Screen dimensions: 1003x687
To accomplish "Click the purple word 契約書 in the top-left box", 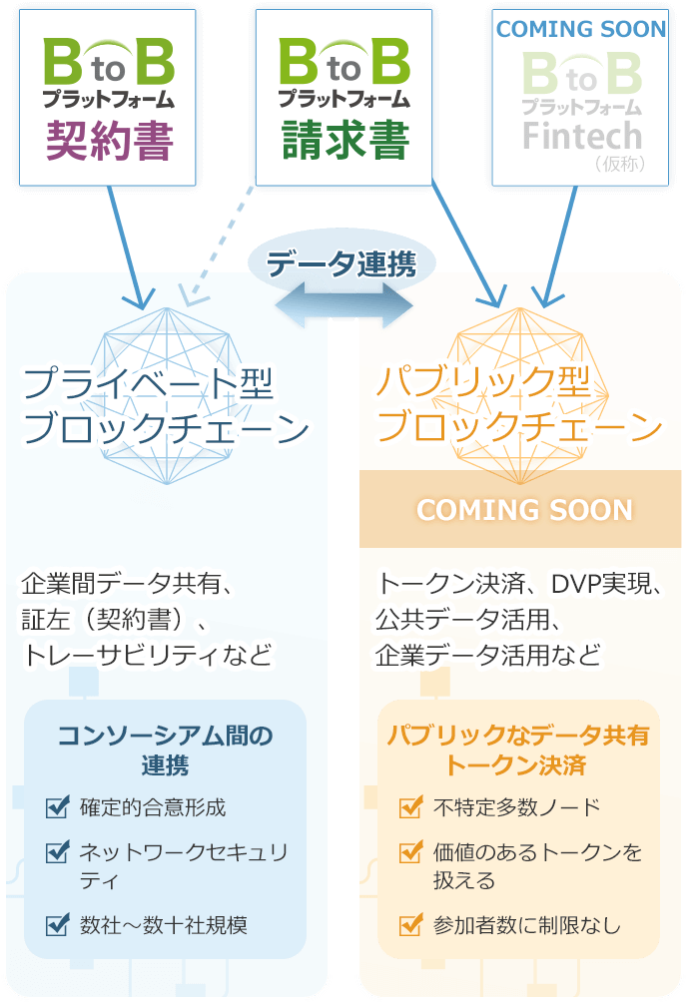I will [x=110, y=141].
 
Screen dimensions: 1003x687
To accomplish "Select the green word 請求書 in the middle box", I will [x=344, y=141].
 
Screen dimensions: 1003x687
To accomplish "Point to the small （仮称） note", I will [x=630, y=163].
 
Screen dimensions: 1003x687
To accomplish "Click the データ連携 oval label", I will [x=342, y=263].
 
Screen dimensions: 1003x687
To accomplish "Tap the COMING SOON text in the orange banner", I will [x=524, y=510].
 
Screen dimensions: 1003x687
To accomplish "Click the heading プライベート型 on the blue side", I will [x=148, y=384].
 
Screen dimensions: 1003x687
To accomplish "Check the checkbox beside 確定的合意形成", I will [x=58, y=806].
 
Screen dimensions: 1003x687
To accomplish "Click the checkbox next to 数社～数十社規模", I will [x=58, y=925].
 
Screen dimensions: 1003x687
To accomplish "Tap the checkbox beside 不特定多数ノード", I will [x=409, y=806].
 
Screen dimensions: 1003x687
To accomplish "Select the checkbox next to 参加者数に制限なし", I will [x=409, y=925].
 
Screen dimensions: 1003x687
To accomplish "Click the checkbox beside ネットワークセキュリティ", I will [x=58, y=852].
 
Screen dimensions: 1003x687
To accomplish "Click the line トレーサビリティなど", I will [x=147, y=656].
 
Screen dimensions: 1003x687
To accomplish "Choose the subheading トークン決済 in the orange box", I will [x=515, y=766].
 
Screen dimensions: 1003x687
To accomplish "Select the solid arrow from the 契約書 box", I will [x=128, y=245].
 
